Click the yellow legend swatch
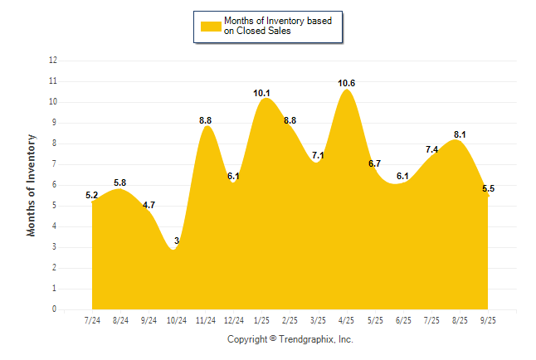(x=210, y=26)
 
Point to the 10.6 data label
(x=347, y=83)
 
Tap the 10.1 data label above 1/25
(x=263, y=92)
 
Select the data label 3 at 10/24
(x=177, y=241)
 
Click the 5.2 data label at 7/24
(x=92, y=196)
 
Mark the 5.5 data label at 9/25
(x=489, y=189)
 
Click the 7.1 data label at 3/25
(x=318, y=155)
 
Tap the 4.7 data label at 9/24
(x=149, y=205)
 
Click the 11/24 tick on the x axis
(x=205, y=319)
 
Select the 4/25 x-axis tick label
(x=347, y=319)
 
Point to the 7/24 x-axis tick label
(x=92, y=319)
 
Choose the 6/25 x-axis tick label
(x=403, y=319)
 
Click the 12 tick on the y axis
(x=53, y=61)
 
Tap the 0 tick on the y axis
(x=55, y=309)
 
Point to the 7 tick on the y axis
(x=55, y=164)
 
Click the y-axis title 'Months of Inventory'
(x=32, y=185)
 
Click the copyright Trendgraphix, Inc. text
(x=290, y=339)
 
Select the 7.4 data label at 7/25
(x=431, y=149)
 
